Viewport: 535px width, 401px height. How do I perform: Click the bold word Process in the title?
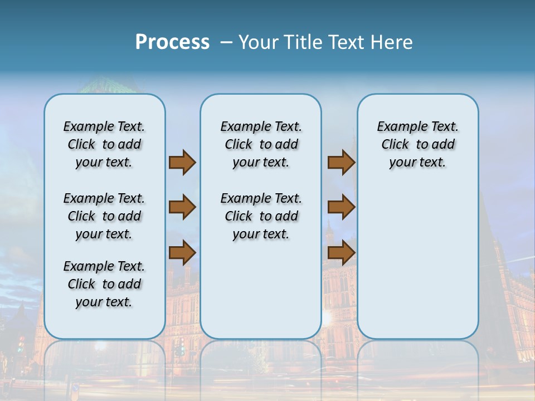(x=172, y=42)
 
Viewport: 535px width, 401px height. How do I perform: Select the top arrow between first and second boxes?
(x=182, y=163)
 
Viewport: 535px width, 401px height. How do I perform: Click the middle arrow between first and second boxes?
(x=182, y=208)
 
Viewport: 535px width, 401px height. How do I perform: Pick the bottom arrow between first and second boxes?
(x=182, y=253)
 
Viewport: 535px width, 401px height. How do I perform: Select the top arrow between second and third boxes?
(x=341, y=163)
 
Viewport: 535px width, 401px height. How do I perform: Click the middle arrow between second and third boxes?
(x=341, y=208)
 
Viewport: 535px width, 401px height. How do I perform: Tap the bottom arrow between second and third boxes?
(x=341, y=253)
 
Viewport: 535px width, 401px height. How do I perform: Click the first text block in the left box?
(x=104, y=144)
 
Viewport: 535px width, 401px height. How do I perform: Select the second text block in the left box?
(x=104, y=216)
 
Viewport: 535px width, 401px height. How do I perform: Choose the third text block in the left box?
(x=104, y=284)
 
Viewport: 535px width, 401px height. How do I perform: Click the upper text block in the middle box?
(x=261, y=144)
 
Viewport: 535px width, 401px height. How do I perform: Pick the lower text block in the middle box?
(x=261, y=216)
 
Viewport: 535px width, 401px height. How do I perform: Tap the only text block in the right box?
(x=417, y=144)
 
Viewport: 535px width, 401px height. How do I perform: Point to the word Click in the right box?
(x=395, y=145)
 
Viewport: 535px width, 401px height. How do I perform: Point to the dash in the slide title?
(x=226, y=42)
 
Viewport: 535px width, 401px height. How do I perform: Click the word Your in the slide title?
(x=259, y=42)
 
